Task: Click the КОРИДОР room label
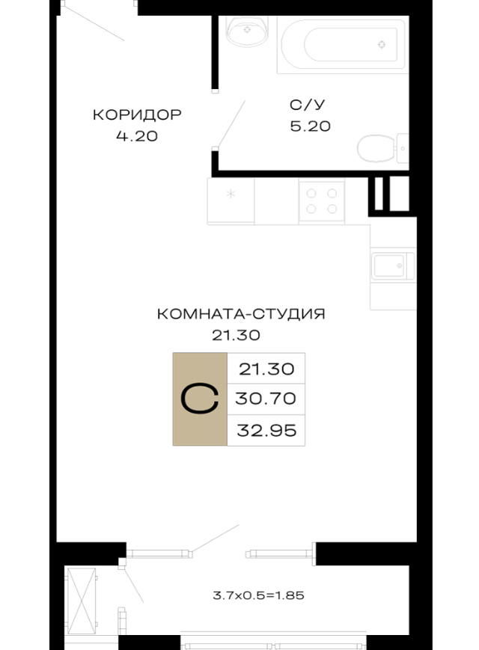137,114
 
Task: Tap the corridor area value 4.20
137,136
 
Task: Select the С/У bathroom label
308,105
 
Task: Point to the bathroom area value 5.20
310,126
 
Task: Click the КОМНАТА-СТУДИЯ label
241,314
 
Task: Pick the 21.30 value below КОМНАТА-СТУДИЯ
236,335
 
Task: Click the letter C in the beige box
200,399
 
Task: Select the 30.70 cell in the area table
266,399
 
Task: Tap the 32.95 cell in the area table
266,431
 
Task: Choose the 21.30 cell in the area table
266,369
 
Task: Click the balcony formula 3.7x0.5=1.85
258,595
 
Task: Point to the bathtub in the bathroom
343,45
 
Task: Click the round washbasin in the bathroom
247,31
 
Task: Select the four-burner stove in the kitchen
322,201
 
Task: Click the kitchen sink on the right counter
392,266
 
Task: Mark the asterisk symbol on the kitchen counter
231,193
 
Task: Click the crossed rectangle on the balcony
82,601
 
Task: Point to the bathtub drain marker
382,45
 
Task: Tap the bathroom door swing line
231,124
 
